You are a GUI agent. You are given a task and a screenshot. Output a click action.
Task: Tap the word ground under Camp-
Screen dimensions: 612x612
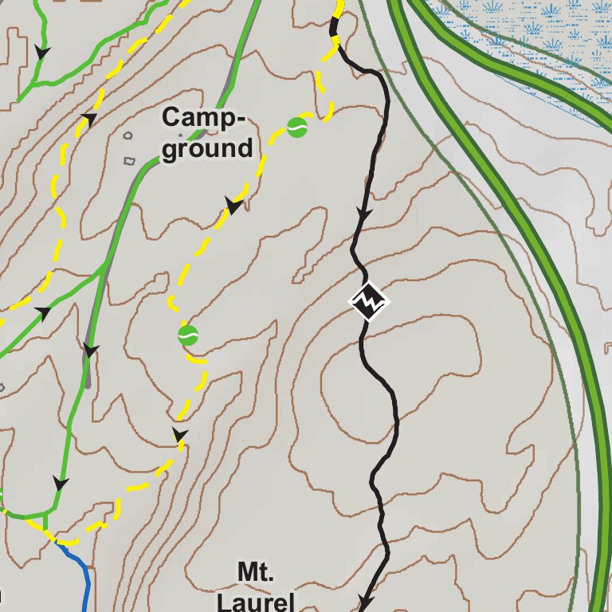coord(207,148)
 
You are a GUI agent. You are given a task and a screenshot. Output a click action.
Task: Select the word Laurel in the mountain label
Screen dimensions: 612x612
coord(256,600)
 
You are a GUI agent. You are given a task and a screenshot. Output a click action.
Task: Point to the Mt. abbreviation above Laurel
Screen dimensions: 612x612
coord(256,571)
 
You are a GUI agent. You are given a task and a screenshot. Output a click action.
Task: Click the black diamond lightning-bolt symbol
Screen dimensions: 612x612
coord(369,301)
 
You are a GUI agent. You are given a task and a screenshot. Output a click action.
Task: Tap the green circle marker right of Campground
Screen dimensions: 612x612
coord(297,127)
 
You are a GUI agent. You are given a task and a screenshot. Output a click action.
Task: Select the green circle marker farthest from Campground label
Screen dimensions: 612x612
coord(188,335)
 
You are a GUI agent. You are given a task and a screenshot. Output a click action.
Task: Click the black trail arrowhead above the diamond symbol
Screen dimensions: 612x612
coord(364,214)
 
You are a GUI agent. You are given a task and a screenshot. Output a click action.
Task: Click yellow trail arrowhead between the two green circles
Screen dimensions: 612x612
coord(234,206)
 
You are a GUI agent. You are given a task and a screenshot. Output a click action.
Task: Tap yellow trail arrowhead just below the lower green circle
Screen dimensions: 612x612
coord(181,435)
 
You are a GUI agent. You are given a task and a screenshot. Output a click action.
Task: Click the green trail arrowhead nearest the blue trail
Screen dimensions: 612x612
coord(60,483)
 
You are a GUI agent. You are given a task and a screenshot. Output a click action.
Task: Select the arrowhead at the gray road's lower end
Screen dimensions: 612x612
coord(91,351)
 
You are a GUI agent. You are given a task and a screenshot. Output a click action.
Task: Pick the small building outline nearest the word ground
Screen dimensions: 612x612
coord(130,160)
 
